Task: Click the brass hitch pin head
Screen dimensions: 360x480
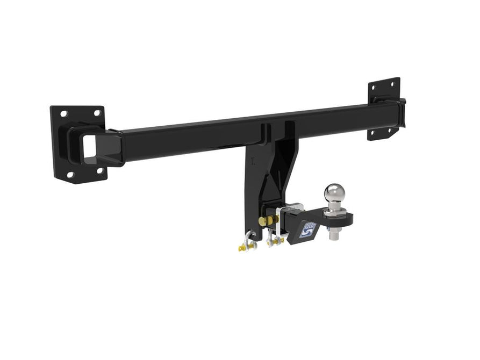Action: [262, 221]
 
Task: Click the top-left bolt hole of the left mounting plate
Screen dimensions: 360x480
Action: [64, 114]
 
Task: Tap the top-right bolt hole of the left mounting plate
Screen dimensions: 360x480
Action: [97, 113]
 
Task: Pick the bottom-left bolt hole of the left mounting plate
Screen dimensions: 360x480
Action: [70, 175]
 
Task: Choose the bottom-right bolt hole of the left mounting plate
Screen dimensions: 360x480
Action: [99, 171]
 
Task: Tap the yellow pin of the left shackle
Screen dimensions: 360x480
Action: [242, 248]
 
